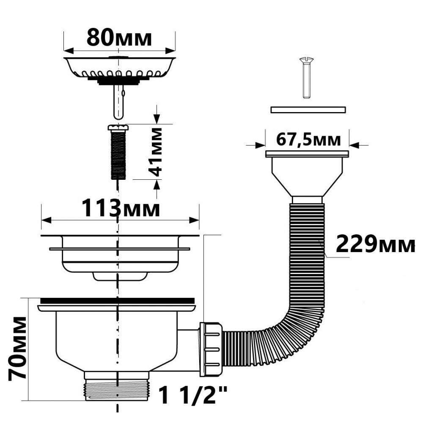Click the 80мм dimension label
pos(119,38)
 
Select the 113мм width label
pos(120,208)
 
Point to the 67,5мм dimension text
pos(308,140)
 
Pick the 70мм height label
pos(18,349)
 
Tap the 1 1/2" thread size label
pos(193,394)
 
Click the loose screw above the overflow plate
pos(306,78)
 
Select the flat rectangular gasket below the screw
pos(308,110)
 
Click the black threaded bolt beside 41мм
pos(118,152)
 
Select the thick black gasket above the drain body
pos(117,300)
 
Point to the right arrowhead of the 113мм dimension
pos(194,220)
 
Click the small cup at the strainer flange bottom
pos(120,276)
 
